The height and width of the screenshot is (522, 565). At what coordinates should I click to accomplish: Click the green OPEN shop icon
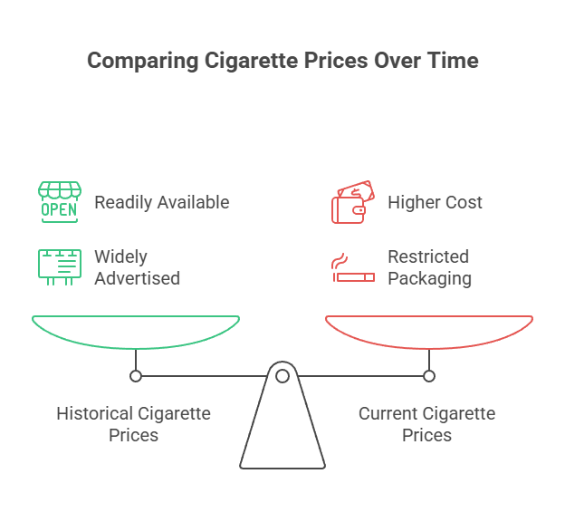coord(58,201)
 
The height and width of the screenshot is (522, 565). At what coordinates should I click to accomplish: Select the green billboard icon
coord(58,266)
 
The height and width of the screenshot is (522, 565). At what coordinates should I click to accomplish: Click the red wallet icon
coord(351,203)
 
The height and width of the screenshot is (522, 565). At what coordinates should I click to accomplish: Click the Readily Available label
coord(161,201)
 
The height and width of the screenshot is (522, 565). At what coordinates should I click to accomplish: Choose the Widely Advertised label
coord(137,267)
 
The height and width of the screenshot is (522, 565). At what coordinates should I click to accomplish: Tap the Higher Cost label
coord(435,201)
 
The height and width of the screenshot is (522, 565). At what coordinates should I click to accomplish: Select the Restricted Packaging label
coord(429,267)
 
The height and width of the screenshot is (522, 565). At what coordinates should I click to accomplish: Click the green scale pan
coord(136,330)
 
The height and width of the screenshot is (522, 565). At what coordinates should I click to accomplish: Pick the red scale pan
coord(429,330)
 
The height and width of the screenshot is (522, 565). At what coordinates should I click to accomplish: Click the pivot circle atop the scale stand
coord(282,375)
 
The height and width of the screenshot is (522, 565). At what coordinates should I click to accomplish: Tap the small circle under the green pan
coord(136,375)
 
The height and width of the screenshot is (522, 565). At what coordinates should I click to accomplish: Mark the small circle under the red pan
coord(429,375)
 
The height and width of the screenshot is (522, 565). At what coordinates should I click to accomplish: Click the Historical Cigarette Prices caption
coord(134,424)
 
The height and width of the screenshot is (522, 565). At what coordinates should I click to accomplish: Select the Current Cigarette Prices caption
coord(427,424)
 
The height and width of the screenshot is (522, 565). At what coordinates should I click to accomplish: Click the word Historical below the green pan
coord(94,414)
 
